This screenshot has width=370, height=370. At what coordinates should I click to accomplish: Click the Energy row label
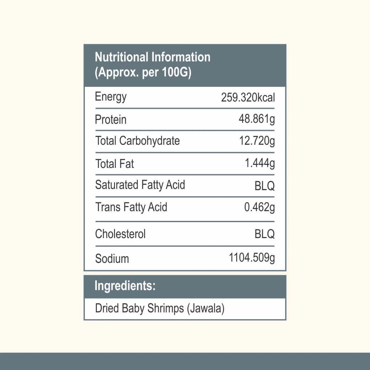pos(111,97)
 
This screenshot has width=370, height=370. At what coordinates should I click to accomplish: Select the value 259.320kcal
pos(248,97)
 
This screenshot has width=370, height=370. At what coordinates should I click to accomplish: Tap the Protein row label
pos(111,120)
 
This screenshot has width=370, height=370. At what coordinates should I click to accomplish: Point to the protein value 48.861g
pos(257,119)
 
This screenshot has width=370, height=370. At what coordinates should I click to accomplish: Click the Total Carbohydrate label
pos(137,141)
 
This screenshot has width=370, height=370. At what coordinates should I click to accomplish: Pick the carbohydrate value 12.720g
pos(257,141)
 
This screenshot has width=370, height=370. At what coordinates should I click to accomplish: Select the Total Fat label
pos(114,164)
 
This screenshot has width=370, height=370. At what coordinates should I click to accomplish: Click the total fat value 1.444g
pos(260,163)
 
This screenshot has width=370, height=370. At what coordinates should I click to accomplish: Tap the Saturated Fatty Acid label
pos(140,185)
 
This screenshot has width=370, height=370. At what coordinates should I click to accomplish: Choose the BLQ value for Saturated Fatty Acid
pos(264,186)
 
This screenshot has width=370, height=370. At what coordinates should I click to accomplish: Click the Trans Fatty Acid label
pos(131,207)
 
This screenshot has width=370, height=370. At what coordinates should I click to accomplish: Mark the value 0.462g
pos(259,207)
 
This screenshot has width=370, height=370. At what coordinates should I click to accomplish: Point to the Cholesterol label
pos(120,234)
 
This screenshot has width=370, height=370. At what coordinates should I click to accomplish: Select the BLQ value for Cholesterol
pos(264,234)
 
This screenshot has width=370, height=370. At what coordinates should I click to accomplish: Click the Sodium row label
pos(112,259)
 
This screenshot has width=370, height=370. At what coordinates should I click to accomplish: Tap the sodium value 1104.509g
pos(252,258)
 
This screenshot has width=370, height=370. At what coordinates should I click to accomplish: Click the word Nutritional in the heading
pos(122,57)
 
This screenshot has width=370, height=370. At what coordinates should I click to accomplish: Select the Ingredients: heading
pos(125,286)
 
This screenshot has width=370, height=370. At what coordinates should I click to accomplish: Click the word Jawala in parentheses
pos(206,309)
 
